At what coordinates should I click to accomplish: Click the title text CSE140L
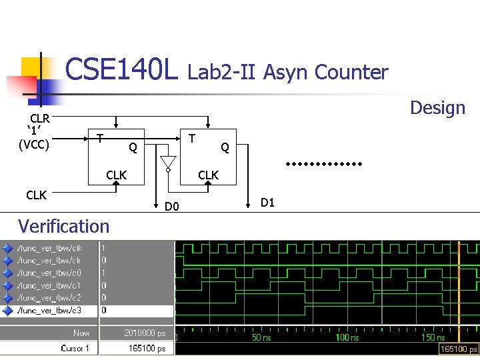[x=122, y=69]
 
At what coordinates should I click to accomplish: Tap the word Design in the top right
[x=437, y=108]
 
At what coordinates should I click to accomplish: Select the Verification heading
[x=64, y=226]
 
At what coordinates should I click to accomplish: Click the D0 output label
[x=173, y=207]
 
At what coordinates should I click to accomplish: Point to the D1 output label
[x=267, y=202]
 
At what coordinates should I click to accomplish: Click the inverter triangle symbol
[x=168, y=163]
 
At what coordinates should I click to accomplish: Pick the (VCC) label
[x=34, y=143]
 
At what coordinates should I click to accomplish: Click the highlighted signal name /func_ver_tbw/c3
[x=49, y=311]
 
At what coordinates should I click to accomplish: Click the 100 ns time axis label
[x=347, y=338]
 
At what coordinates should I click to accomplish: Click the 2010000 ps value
[x=145, y=333]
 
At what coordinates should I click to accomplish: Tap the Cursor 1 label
[x=79, y=348]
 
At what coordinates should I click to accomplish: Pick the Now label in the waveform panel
[x=81, y=333]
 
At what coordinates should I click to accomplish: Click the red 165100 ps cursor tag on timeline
[x=459, y=349]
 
